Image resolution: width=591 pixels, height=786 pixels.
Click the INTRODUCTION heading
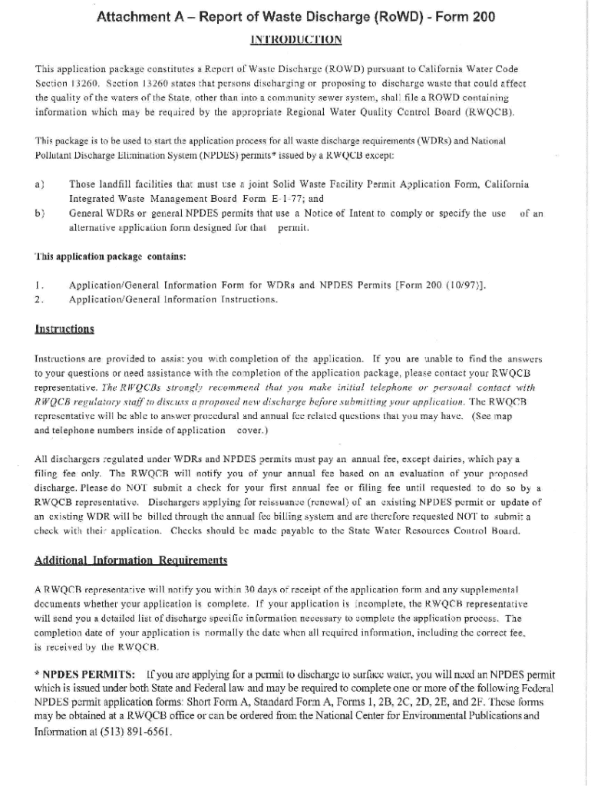pos(295,39)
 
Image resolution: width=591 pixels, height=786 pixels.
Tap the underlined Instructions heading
pos(64,329)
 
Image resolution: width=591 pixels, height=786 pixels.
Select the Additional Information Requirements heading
pos(131,560)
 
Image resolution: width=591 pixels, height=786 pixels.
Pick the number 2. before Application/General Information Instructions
pos(39,299)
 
